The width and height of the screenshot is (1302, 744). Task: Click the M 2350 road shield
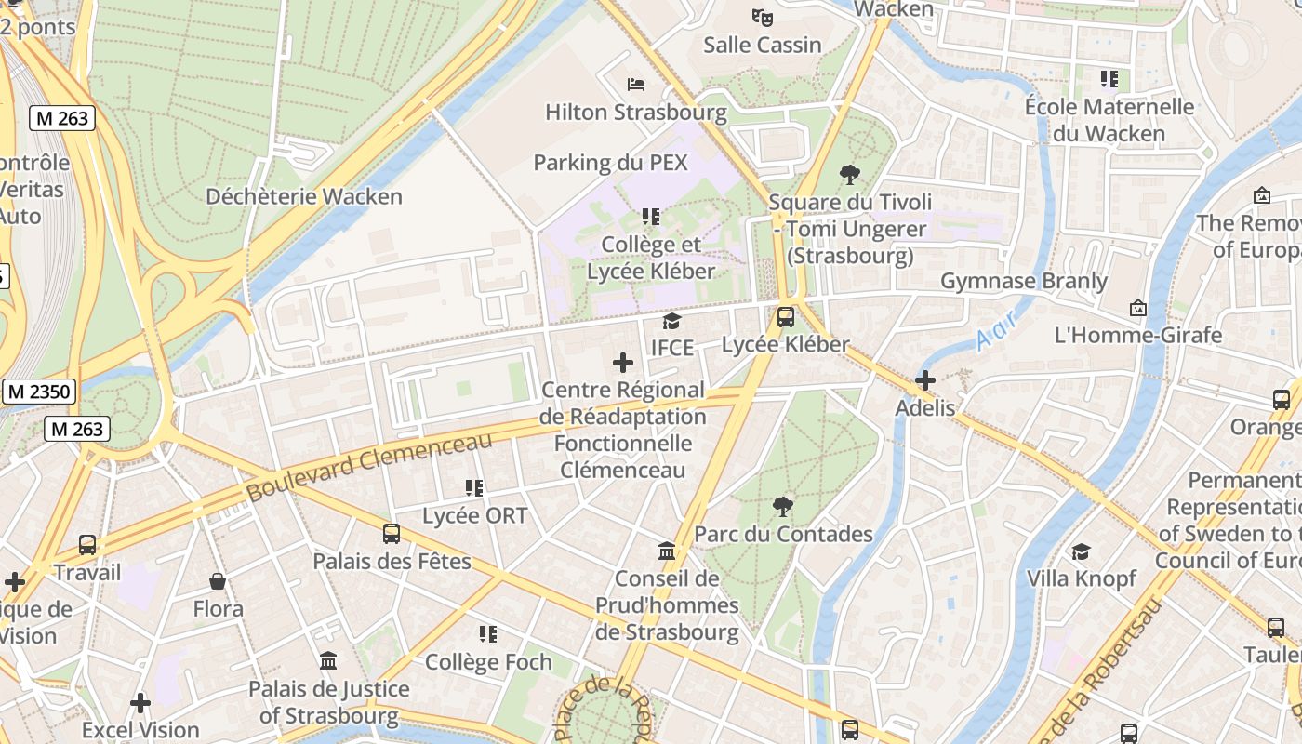point(39,392)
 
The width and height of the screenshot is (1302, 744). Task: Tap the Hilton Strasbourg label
point(635,113)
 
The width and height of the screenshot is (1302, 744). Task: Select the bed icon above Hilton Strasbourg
point(636,85)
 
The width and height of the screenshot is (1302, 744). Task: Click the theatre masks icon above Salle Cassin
point(763,17)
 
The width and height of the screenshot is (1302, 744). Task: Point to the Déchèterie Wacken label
point(304,196)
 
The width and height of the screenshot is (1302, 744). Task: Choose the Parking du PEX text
point(610,163)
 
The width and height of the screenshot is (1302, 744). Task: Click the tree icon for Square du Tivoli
point(849,174)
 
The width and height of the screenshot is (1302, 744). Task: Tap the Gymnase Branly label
point(1024,281)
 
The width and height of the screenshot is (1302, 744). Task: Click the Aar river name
point(998,330)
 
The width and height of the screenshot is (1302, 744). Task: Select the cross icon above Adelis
point(924,379)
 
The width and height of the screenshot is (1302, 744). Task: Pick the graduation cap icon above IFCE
point(671,321)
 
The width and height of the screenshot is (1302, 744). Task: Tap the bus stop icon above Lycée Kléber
point(786,317)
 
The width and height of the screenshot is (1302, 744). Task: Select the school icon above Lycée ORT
point(474,488)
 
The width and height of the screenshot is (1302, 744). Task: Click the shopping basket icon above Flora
point(218,582)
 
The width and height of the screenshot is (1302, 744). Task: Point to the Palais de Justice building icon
point(328,661)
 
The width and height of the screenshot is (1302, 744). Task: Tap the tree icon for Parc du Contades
point(783,507)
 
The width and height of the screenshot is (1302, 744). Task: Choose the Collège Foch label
point(488,662)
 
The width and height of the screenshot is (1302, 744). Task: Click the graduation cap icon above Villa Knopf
point(1081,551)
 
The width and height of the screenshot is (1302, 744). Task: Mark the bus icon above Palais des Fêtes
point(392,534)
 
